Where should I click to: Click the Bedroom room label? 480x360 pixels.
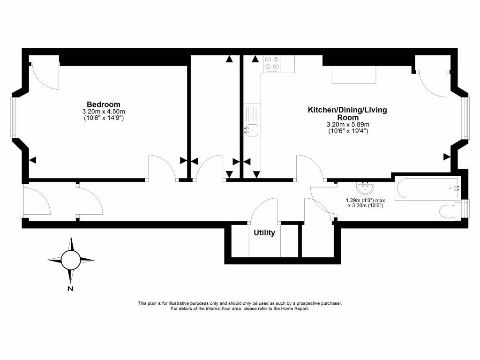(x=103, y=104)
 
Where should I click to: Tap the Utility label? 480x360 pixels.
(x=264, y=233)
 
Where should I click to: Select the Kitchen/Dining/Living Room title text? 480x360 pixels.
(x=347, y=113)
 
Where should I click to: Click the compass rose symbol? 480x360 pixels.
(x=71, y=259)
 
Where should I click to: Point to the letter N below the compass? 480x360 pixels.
(x=70, y=289)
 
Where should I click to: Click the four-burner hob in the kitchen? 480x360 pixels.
(x=271, y=63)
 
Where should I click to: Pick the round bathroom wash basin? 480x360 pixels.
(x=365, y=188)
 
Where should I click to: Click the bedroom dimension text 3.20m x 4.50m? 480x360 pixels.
(x=103, y=112)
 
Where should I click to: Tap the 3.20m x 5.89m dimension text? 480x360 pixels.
(x=348, y=125)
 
